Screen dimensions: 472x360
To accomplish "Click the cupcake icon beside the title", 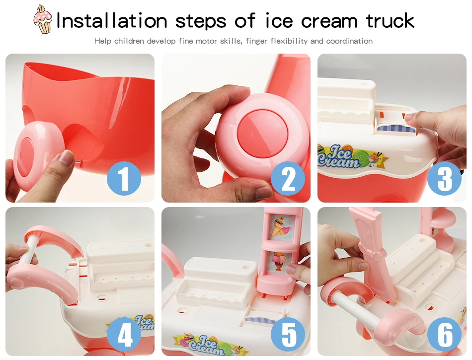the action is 42,19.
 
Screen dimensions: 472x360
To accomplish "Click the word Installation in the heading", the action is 112,20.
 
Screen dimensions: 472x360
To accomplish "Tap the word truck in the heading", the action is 390,20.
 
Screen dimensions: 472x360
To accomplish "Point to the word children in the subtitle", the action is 130,41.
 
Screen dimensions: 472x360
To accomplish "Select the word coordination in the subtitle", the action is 349,41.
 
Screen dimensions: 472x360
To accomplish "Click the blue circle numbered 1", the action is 124,178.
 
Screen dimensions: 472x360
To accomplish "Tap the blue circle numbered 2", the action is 288,178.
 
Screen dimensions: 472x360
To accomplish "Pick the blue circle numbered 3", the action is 444,178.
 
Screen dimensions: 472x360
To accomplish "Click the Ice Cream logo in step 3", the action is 349,156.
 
